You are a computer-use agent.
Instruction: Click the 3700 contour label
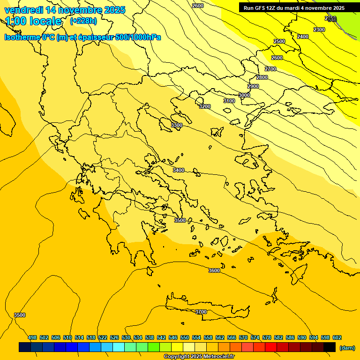pyautogui.click(x=201, y=312)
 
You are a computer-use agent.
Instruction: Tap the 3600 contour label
pyautogui.click(x=214, y=270)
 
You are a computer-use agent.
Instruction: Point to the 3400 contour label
pyautogui.click(x=179, y=170)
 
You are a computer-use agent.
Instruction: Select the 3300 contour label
pyautogui.click(x=177, y=125)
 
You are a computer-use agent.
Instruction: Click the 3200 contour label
pyautogui.click(x=205, y=106)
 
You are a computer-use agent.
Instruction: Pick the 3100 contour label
pyautogui.click(x=229, y=101)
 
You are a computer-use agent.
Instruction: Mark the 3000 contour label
pyautogui.click(x=244, y=95)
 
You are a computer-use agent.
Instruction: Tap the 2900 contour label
pyautogui.click(x=253, y=86)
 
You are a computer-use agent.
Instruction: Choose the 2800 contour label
pyautogui.click(x=262, y=77)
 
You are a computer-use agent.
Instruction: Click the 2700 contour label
pyautogui.click(x=270, y=69)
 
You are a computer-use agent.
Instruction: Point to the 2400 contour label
pyautogui.click(x=303, y=37)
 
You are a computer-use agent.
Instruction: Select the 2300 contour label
pyautogui.click(x=319, y=30)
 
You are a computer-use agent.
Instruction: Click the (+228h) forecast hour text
pyautogui.click(x=83, y=21)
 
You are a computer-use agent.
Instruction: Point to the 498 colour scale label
pyautogui.click(x=32, y=337)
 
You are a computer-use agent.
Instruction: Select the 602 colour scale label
pyautogui.click(x=337, y=337)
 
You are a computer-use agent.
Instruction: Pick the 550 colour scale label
pyautogui.click(x=185, y=337)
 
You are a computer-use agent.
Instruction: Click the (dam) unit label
pyautogui.click(x=347, y=347)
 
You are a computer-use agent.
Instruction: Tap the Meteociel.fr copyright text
pyautogui.click(x=199, y=357)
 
